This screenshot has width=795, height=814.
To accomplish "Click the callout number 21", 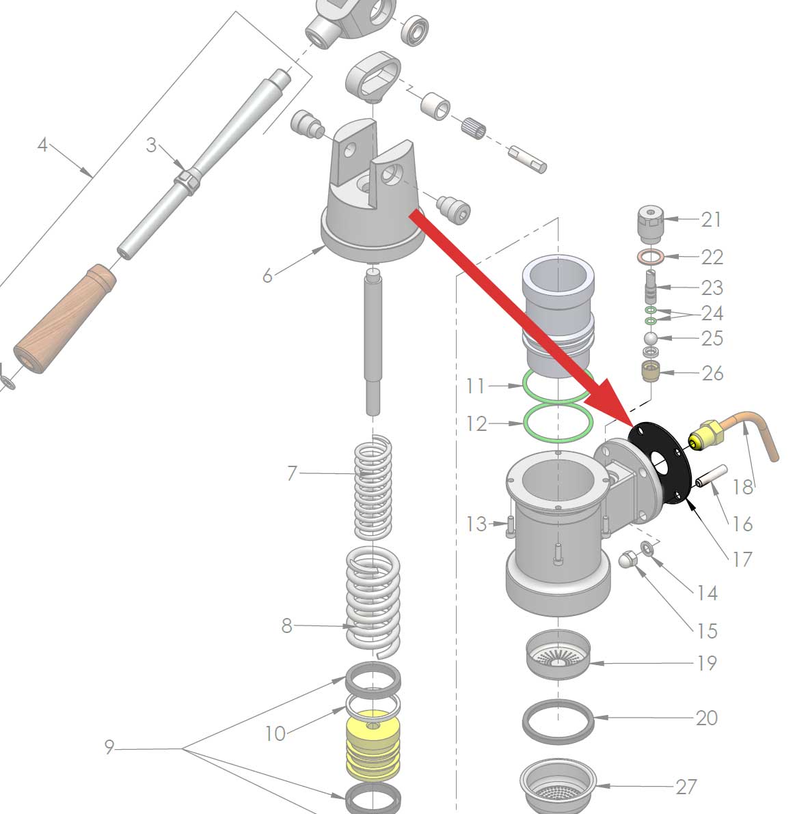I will (x=711, y=219).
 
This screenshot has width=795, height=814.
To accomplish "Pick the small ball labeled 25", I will (x=650, y=339).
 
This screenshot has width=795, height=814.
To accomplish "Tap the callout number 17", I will (x=742, y=559).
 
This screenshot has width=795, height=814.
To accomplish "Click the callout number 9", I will (x=109, y=748).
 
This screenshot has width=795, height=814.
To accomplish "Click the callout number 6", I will (x=267, y=275).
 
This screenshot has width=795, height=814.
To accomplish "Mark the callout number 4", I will (x=42, y=145).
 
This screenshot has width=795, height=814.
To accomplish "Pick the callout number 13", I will (x=476, y=524).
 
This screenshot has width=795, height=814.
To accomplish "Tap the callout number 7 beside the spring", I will (x=292, y=473).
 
